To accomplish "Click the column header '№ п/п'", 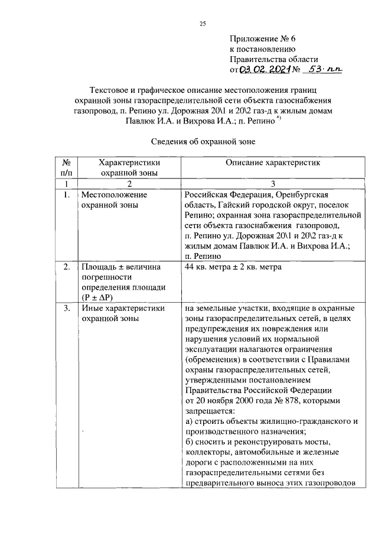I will (x=66, y=167).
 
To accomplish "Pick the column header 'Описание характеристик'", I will (x=272, y=163).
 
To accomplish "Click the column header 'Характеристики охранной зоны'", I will (x=130, y=167).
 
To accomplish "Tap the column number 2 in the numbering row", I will (x=130, y=184).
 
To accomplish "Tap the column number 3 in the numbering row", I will (x=272, y=184).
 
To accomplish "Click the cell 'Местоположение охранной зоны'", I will (x=113, y=200).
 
